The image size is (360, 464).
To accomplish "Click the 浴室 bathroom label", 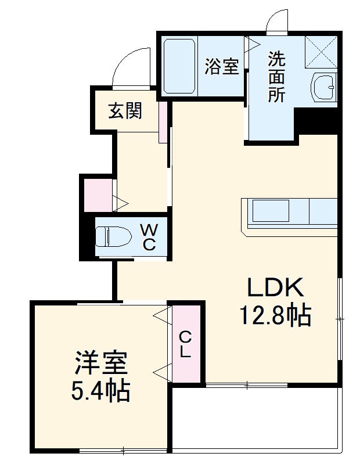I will (222, 67).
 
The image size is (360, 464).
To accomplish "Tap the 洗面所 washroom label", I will (276, 77).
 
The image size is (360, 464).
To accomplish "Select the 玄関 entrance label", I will (125, 110).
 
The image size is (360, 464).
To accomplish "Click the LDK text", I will (276, 288).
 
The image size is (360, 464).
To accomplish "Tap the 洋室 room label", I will (100, 364).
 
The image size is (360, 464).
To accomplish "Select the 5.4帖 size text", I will (100, 393).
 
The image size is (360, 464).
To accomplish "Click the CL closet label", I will (185, 345).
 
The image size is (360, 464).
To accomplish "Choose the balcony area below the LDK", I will (255, 417).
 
